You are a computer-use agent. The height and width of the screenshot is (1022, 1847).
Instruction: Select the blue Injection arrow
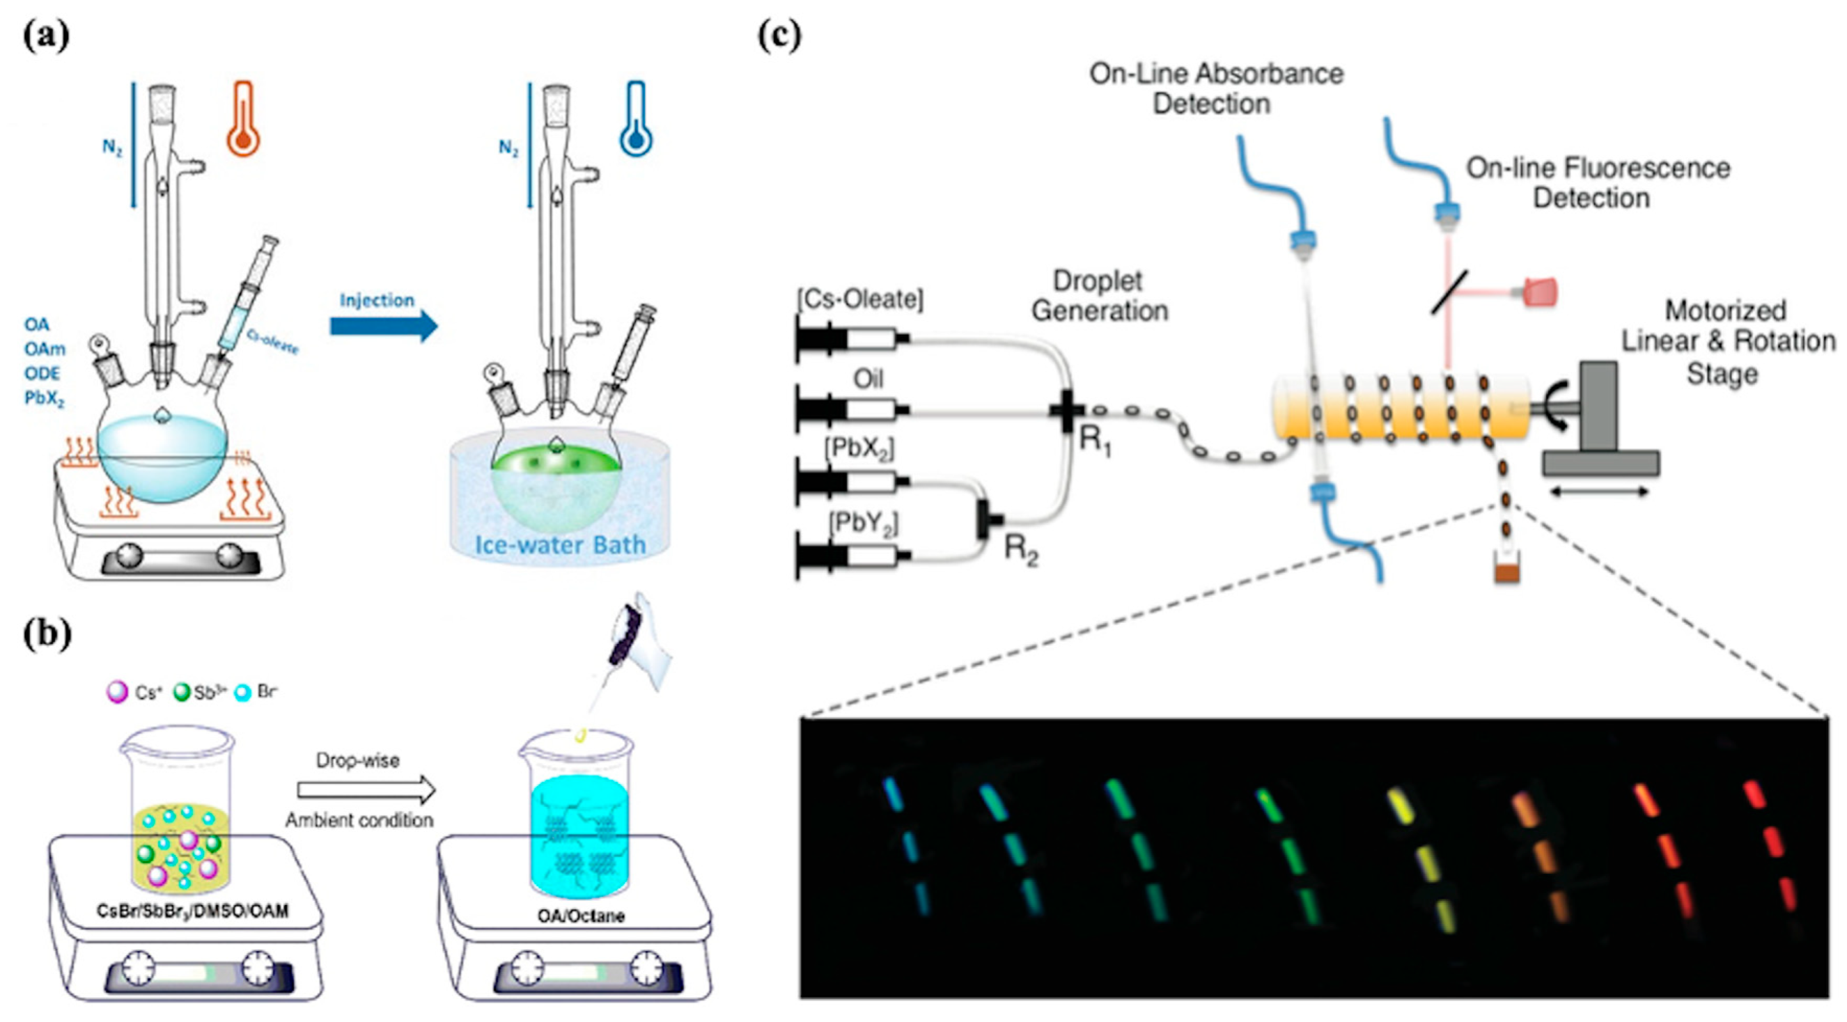pos(384,326)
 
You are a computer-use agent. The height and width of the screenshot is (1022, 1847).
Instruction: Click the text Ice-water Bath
pos(560,544)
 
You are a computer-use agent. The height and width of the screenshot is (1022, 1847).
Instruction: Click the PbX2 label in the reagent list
pos(44,398)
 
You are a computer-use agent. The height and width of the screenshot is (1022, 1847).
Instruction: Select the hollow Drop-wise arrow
pos(366,789)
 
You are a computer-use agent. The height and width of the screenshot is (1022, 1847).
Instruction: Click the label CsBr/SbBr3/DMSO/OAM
pos(193,911)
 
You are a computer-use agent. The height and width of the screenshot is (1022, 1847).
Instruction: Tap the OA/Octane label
pos(581,916)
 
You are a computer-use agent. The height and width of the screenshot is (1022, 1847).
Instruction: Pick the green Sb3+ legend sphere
pos(182,692)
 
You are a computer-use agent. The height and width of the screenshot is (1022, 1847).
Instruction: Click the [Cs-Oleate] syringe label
pos(859,299)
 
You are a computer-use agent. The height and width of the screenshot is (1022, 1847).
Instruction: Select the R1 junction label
pos(1095,441)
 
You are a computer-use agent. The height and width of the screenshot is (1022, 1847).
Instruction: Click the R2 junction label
pos(1020,550)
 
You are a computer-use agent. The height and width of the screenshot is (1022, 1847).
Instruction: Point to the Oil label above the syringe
pos(868,378)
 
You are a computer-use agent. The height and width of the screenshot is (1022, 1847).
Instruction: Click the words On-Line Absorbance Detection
pos(1215,89)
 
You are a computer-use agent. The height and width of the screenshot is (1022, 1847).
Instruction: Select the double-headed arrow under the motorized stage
pos(1599,492)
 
